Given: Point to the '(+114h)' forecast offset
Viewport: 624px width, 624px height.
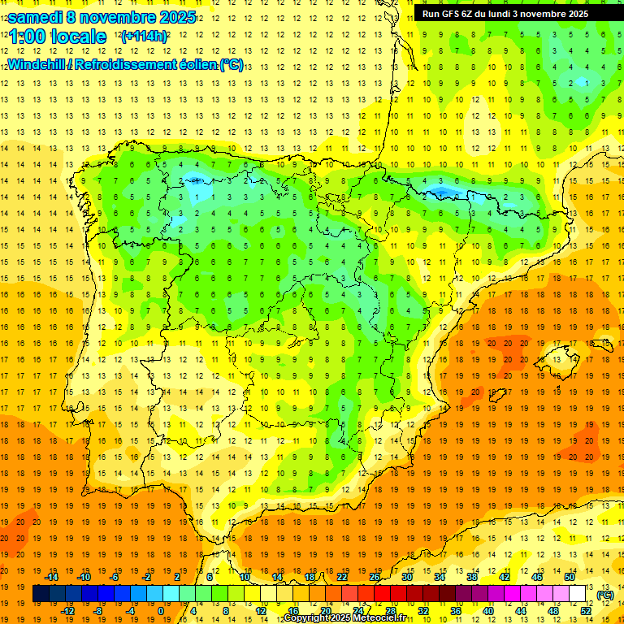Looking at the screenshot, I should click(x=144, y=37).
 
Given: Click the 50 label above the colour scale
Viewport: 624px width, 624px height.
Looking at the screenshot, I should click(x=570, y=577).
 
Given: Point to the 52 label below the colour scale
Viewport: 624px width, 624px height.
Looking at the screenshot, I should click(x=586, y=610).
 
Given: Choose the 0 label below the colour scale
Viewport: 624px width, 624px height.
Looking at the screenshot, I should click(x=162, y=610).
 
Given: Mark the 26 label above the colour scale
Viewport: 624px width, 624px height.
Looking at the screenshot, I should click(x=375, y=577).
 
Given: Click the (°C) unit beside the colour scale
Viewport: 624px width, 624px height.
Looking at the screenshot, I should click(x=605, y=594).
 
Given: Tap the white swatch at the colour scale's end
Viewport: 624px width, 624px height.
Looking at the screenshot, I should click(x=578, y=594).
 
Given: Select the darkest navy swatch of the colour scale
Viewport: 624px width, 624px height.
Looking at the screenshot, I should click(x=41, y=594).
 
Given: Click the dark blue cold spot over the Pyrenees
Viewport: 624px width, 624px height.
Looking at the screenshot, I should click(x=442, y=193).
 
